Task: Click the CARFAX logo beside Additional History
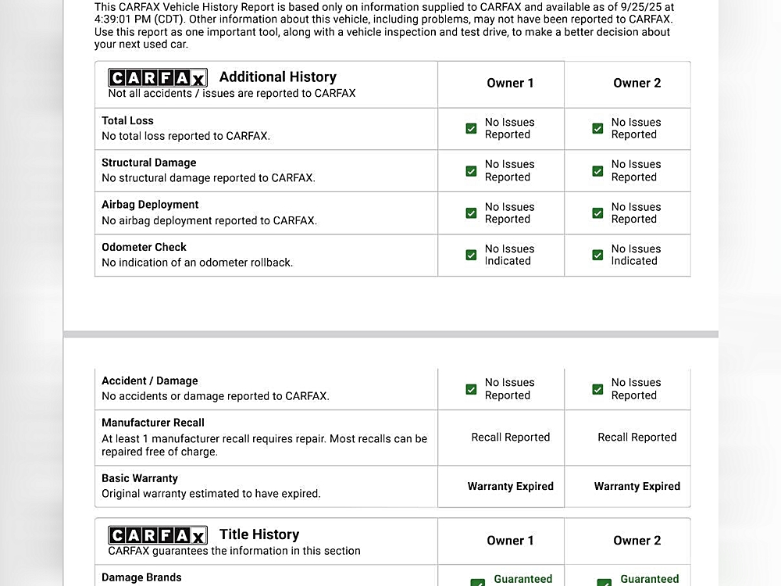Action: (x=157, y=77)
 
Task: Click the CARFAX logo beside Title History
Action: (x=157, y=535)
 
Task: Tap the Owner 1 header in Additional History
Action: (x=510, y=83)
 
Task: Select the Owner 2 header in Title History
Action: (x=637, y=541)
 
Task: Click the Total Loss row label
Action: (x=127, y=121)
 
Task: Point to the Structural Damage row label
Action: (x=148, y=163)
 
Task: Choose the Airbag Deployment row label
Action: (x=150, y=205)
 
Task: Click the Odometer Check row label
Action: (x=144, y=247)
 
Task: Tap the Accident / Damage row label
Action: (x=149, y=381)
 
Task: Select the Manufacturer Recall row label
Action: (x=152, y=423)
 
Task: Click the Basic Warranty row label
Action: (x=139, y=478)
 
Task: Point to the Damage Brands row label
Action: (x=141, y=577)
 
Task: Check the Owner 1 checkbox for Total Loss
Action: (x=471, y=128)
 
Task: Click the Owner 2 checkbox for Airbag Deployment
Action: (x=597, y=213)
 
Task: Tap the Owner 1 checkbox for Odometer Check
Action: (x=471, y=255)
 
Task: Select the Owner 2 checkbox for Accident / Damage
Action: (x=597, y=389)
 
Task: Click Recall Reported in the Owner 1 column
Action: (x=510, y=438)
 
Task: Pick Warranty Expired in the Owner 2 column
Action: (x=637, y=486)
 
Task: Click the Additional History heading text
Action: (x=277, y=77)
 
